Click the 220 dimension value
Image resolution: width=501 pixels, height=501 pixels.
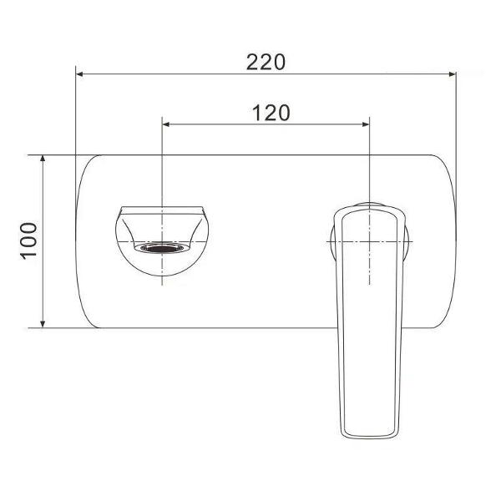point(266,63)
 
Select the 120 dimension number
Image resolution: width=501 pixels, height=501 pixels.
point(271,113)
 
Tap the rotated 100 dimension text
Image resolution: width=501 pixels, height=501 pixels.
point(29,241)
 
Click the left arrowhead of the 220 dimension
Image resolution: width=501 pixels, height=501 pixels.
point(80,74)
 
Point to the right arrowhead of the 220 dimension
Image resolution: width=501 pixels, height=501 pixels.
point(452,74)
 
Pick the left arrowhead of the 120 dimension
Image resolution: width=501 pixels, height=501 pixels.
point(166,124)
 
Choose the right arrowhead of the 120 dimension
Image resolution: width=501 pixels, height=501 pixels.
point(366,124)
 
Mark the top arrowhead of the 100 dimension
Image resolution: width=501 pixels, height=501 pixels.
point(43,159)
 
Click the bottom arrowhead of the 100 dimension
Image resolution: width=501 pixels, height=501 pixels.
point(43,324)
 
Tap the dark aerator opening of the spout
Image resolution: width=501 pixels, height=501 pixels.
point(162,248)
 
